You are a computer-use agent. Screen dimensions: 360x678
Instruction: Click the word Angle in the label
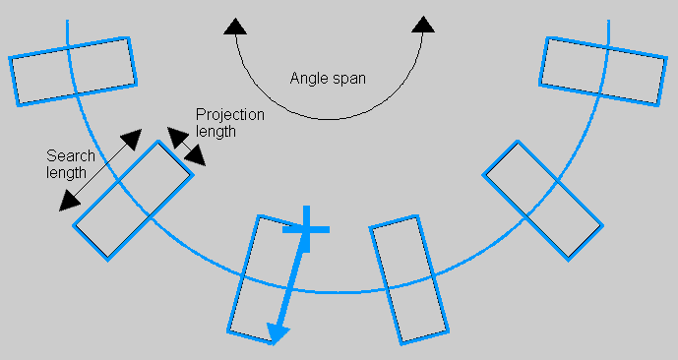[309, 78]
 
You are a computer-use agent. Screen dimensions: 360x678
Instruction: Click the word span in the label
[349, 79]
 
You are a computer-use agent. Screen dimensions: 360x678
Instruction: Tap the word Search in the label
[71, 155]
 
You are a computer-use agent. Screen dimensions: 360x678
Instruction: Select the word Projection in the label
[230, 114]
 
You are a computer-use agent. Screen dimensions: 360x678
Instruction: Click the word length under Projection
[216, 131]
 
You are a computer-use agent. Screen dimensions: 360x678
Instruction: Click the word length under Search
[66, 172]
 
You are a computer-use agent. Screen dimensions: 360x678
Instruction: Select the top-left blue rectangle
[73, 67]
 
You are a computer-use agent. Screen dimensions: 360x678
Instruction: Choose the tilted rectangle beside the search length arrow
[132, 200]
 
